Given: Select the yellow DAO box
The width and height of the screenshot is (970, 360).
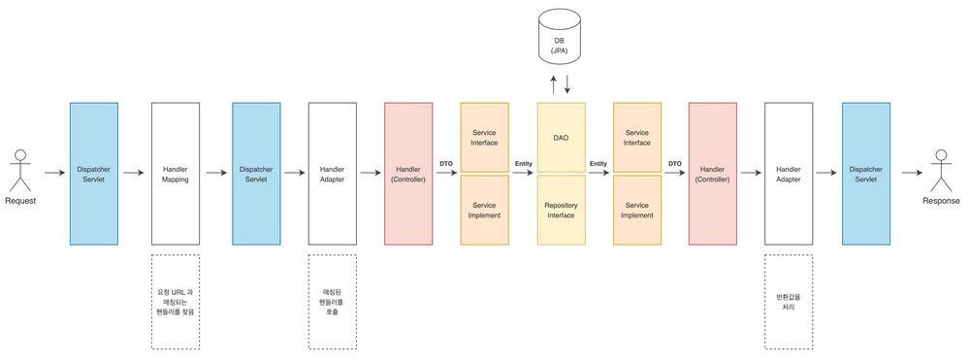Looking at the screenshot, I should (561, 138).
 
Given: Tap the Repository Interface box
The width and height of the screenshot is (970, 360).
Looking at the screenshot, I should (561, 209).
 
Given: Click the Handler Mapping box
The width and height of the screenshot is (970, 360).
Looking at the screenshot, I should (176, 174).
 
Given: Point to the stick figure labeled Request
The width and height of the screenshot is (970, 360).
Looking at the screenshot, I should (19, 171).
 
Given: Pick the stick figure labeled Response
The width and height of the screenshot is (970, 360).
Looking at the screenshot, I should (940, 171).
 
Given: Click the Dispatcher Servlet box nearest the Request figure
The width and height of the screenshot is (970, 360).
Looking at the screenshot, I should (94, 174).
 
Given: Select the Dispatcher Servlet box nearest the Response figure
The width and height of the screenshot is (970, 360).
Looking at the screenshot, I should (866, 174).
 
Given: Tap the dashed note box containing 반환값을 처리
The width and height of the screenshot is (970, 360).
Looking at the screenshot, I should (789, 301).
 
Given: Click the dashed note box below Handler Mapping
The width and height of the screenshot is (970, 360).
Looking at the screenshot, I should (176, 301).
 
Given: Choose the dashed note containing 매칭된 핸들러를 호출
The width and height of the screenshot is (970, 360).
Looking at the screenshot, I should (332, 301).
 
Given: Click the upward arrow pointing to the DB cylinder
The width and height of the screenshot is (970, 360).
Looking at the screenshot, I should (554, 84).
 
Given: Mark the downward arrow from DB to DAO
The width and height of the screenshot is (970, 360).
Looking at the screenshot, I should (567, 84).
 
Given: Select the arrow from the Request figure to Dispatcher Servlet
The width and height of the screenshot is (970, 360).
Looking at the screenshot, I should (52, 174).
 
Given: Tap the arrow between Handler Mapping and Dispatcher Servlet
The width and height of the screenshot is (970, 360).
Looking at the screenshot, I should (215, 174).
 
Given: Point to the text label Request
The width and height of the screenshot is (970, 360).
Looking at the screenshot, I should (20, 201).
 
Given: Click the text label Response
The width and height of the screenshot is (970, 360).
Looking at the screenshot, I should (940, 201).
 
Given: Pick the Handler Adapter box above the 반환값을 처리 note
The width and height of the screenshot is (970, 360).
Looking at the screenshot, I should (789, 174).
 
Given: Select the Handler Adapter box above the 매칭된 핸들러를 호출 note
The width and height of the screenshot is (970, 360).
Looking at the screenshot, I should (332, 174).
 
